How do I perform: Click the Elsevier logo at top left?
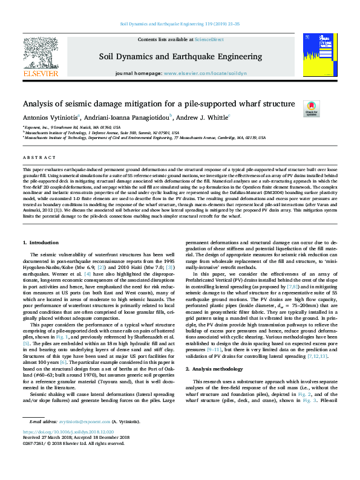(40, 57)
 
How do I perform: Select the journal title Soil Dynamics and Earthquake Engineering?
(180, 57)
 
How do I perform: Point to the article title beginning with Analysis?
(159, 104)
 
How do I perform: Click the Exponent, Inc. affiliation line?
(72, 128)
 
